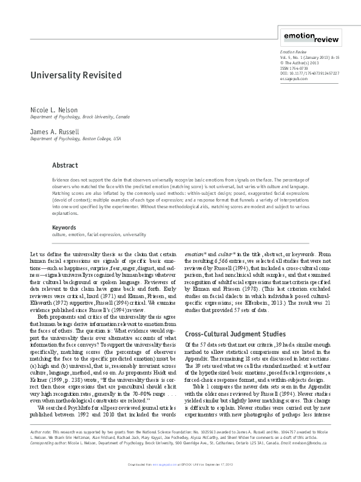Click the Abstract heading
point(65,165)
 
